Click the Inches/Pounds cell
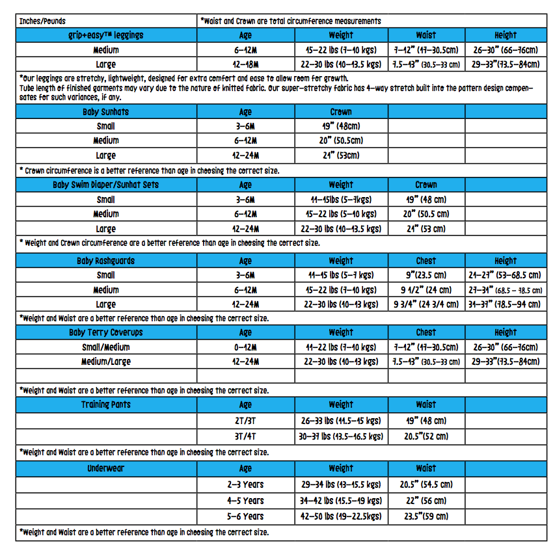tap(43, 21)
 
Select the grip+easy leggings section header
tap(106, 35)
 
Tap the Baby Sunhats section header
tap(106, 112)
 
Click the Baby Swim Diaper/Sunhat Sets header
tap(106, 185)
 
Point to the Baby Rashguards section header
tap(106, 261)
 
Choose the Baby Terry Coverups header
tap(106, 332)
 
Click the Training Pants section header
tap(106, 405)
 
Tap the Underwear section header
tap(106, 468)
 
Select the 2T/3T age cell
tap(245, 421)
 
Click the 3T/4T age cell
tap(245, 437)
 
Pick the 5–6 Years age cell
tap(245, 516)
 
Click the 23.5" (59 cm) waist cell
tap(426, 516)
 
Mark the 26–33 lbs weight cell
tap(341, 421)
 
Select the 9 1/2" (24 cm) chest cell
tap(426, 290)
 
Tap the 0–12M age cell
tap(245, 347)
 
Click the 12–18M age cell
tap(245, 64)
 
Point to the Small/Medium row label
tap(106, 347)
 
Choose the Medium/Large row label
tap(106, 362)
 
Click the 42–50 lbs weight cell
tap(341, 516)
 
